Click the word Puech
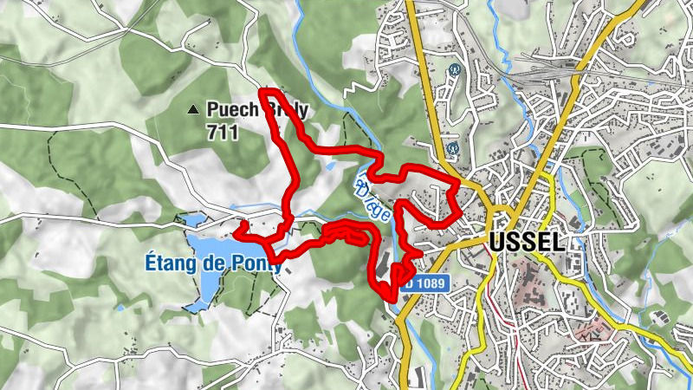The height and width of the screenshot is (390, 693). point(231,110)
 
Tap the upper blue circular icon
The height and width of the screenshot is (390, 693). point(452,70)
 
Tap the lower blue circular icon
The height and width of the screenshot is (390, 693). point(452,148)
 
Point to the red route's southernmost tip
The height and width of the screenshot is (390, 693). point(392,300)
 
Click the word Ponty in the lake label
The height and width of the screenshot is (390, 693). point(256,264)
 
